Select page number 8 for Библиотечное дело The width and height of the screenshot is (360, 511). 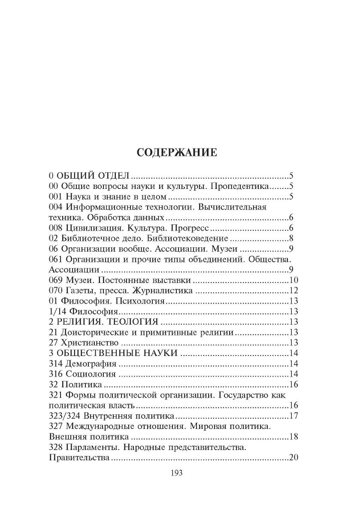coord(290,239)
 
